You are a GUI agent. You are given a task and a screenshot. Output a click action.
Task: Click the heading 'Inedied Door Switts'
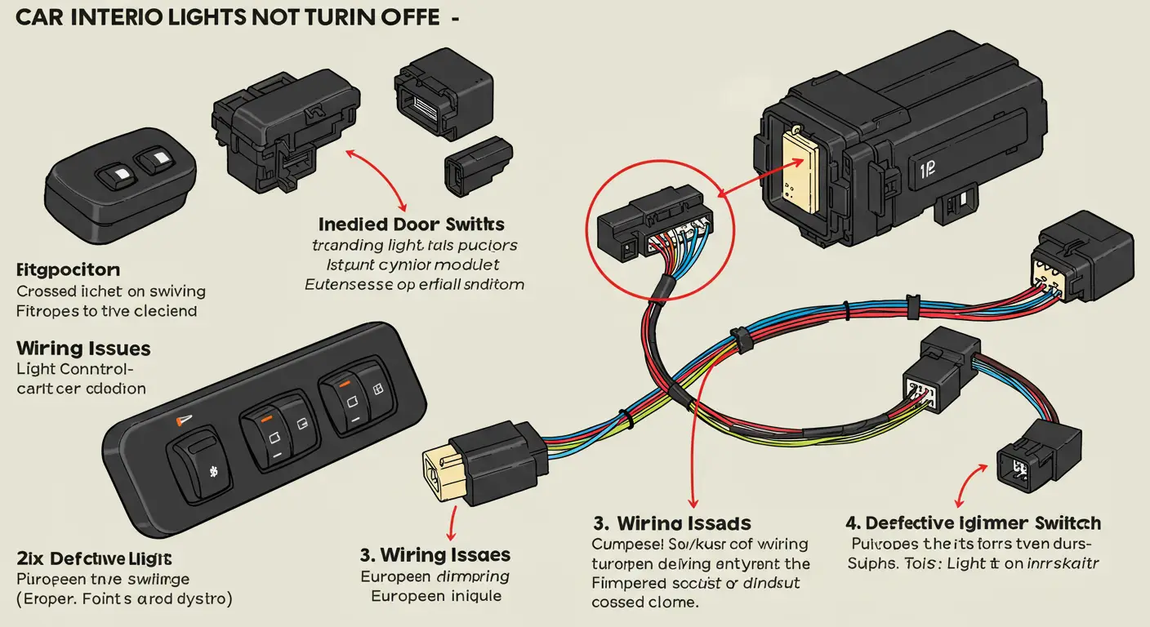tap(411, 223)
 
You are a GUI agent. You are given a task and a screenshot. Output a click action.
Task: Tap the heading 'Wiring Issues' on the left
tap(83, 349)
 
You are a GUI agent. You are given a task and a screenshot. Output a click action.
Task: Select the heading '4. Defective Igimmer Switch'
tap(974, 523)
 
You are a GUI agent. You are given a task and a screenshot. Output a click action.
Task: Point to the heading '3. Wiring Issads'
tap(672, 523)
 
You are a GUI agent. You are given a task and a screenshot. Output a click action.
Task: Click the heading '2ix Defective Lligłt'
tap(94, 558)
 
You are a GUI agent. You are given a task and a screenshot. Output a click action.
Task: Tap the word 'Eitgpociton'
tap(68, 269)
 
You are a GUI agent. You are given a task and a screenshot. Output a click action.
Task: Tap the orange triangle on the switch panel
tap(181, 420)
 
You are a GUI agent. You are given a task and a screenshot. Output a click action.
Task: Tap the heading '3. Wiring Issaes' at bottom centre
tap(435, 555)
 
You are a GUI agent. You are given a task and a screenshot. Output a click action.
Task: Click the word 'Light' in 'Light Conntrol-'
tap(36, 369)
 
